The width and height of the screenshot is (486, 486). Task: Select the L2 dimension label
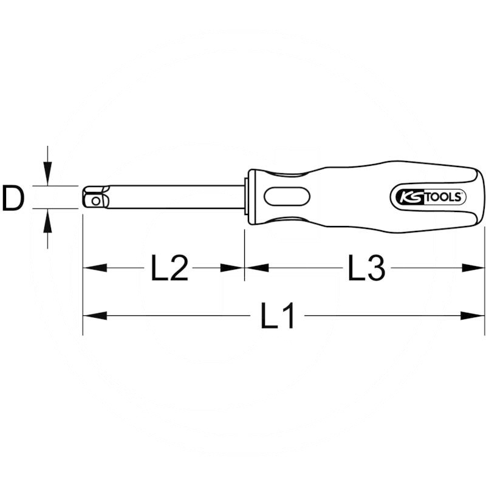coord(169,267)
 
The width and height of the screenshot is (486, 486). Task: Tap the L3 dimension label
coord(367,267)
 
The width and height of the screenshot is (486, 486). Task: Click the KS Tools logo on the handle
coord(427,196)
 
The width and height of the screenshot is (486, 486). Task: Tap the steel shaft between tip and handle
coord(176,197)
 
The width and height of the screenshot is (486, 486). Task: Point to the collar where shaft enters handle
coord(247,197)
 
